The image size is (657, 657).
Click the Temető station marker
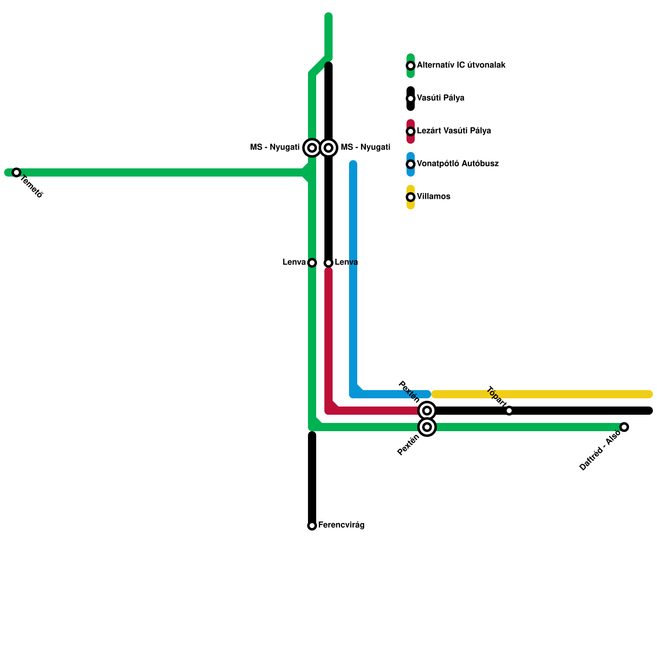tap(16, 172)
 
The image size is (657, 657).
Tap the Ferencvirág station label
tap(341, 525)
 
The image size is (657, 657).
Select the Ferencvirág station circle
tap(312, 526)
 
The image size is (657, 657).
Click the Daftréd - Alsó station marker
tap(624, 427)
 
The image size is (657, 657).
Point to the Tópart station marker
tap(509, 411)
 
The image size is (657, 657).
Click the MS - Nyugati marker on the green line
tap(312, 148)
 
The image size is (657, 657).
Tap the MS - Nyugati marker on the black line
tap(328, 148)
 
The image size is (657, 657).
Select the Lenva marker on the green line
tap(312, 263)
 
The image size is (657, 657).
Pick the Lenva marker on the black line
tap(328, 263)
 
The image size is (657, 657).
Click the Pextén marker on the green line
tap(427, 427)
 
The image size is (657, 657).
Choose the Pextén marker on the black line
tap(427, 411)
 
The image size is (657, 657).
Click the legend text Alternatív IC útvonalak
tap(461, 65)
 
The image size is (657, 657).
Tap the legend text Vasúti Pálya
tap(441, 98)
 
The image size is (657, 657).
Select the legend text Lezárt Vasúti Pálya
tap(454, 131)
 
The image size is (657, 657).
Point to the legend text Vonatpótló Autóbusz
tap(458, 164)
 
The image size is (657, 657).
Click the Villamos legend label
tap(434, 197)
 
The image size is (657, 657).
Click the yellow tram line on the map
tap(575, 394)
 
